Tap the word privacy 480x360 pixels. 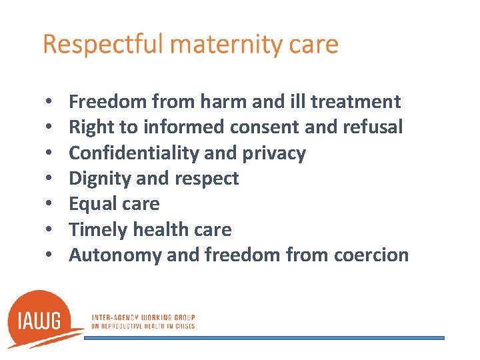click(x=274, y=153)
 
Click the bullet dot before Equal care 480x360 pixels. click(x=51, y=205)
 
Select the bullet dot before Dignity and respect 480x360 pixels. click(x=51, y=179)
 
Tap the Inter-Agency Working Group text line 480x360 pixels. click(x=141, y=317)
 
